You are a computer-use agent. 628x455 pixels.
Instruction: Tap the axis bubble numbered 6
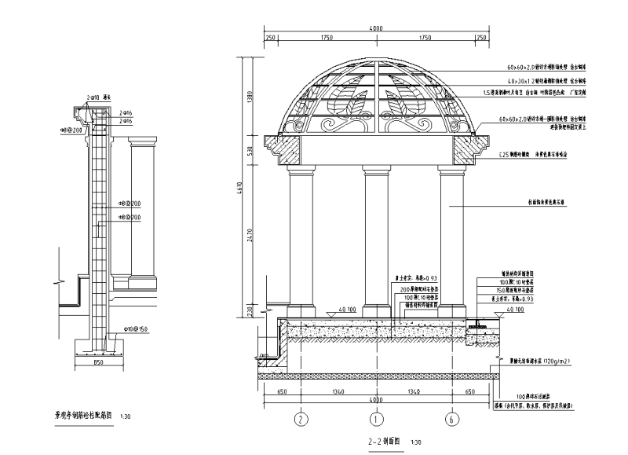pyautogui.click(x=452, y=419)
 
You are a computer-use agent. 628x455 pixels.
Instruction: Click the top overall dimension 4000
pyautogui.click(x=376, y=29)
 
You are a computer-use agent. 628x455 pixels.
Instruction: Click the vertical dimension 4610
pyautogui.click(x=240, y=189)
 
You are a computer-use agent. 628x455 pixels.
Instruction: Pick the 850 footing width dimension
pyautogui.click(x=99, y=364)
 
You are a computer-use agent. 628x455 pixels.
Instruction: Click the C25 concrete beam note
pyautogui.click(x=534, y=156)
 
